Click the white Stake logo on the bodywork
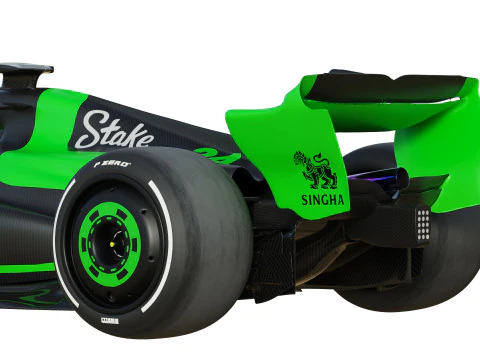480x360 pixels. [116, 130]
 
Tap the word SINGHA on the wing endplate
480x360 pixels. [322, 200]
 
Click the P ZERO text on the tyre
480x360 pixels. [112, 163]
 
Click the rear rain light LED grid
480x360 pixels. [423, 225]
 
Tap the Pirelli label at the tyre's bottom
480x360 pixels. [109, 321]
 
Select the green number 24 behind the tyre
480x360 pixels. [215, 156]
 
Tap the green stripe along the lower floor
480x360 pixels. [25, 268]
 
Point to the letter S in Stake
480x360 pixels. [89, 129]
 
